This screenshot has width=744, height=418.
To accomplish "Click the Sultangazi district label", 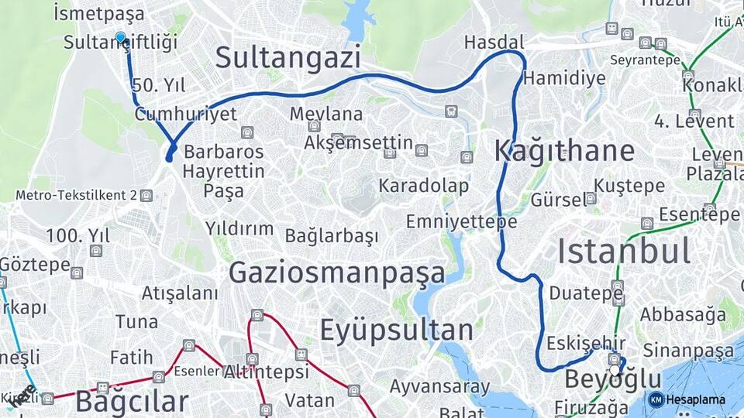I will coord(288,58).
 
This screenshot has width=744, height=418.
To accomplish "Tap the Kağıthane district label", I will coord(564,151).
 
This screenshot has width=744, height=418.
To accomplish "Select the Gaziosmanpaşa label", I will coord(337,272).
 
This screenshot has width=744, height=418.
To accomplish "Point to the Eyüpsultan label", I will coord(397,331).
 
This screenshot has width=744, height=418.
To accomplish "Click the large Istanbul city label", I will coord(624,252).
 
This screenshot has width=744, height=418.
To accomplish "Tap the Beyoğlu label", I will coord(613,379).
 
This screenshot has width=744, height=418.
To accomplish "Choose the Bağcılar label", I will coord(132,402).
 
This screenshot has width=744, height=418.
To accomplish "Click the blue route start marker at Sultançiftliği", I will coord(120,37).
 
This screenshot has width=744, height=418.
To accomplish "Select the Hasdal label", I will coord(494,42).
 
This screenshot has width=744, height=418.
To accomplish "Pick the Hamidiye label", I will coord(564,78).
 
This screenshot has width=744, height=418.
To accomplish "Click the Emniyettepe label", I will coord(461,222).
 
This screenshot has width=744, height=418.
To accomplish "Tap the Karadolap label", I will coord(423,186).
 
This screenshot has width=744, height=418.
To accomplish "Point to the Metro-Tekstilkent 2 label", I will coord(77,195).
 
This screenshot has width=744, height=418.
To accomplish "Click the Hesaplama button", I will coord(687,399).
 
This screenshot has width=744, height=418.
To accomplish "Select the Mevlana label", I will coord(326,114).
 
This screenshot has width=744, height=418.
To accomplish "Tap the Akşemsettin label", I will coord(358,143).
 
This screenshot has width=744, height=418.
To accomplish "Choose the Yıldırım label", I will coord(239,228).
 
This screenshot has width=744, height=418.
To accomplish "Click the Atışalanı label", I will coord(180,293).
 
